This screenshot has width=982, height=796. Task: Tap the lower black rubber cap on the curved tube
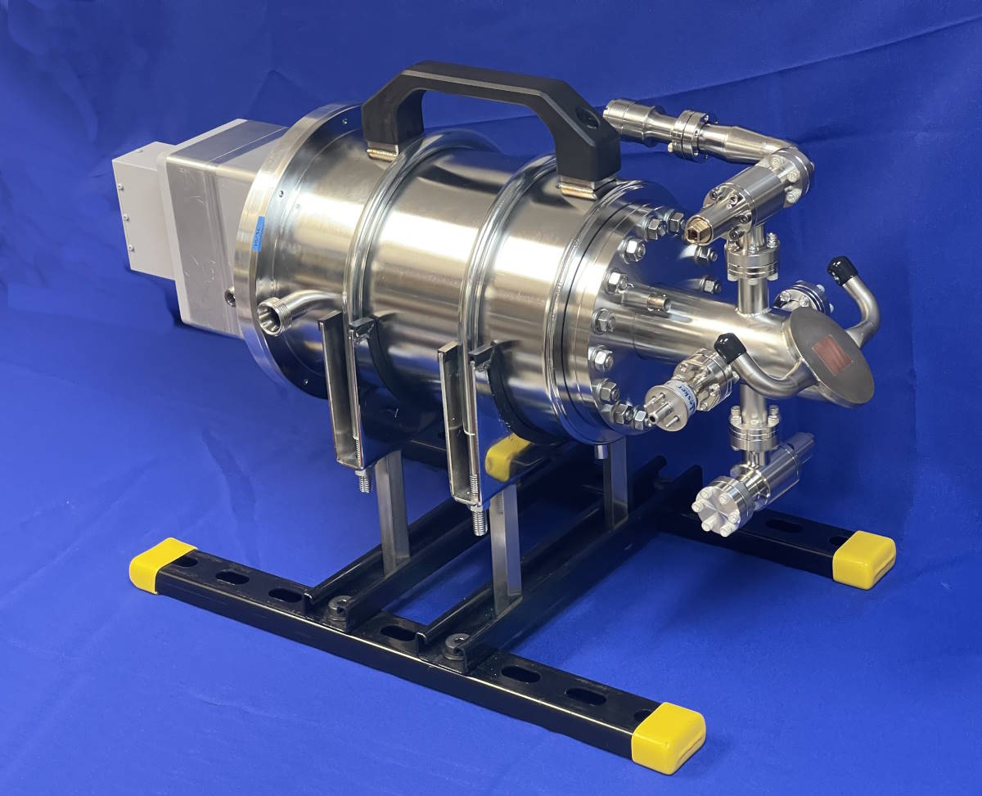pyautogui.click(x=725, y=345)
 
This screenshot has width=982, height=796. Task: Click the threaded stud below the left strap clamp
pyautogui.click(x=363, y=481)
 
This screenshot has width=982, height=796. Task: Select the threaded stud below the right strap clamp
pyautogui.click(x=480, y=520)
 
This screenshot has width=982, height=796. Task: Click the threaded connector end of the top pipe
pyautogui.click(x=620, y=115)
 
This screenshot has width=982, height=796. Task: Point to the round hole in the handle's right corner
pyautogui.click(x=588, y=119)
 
